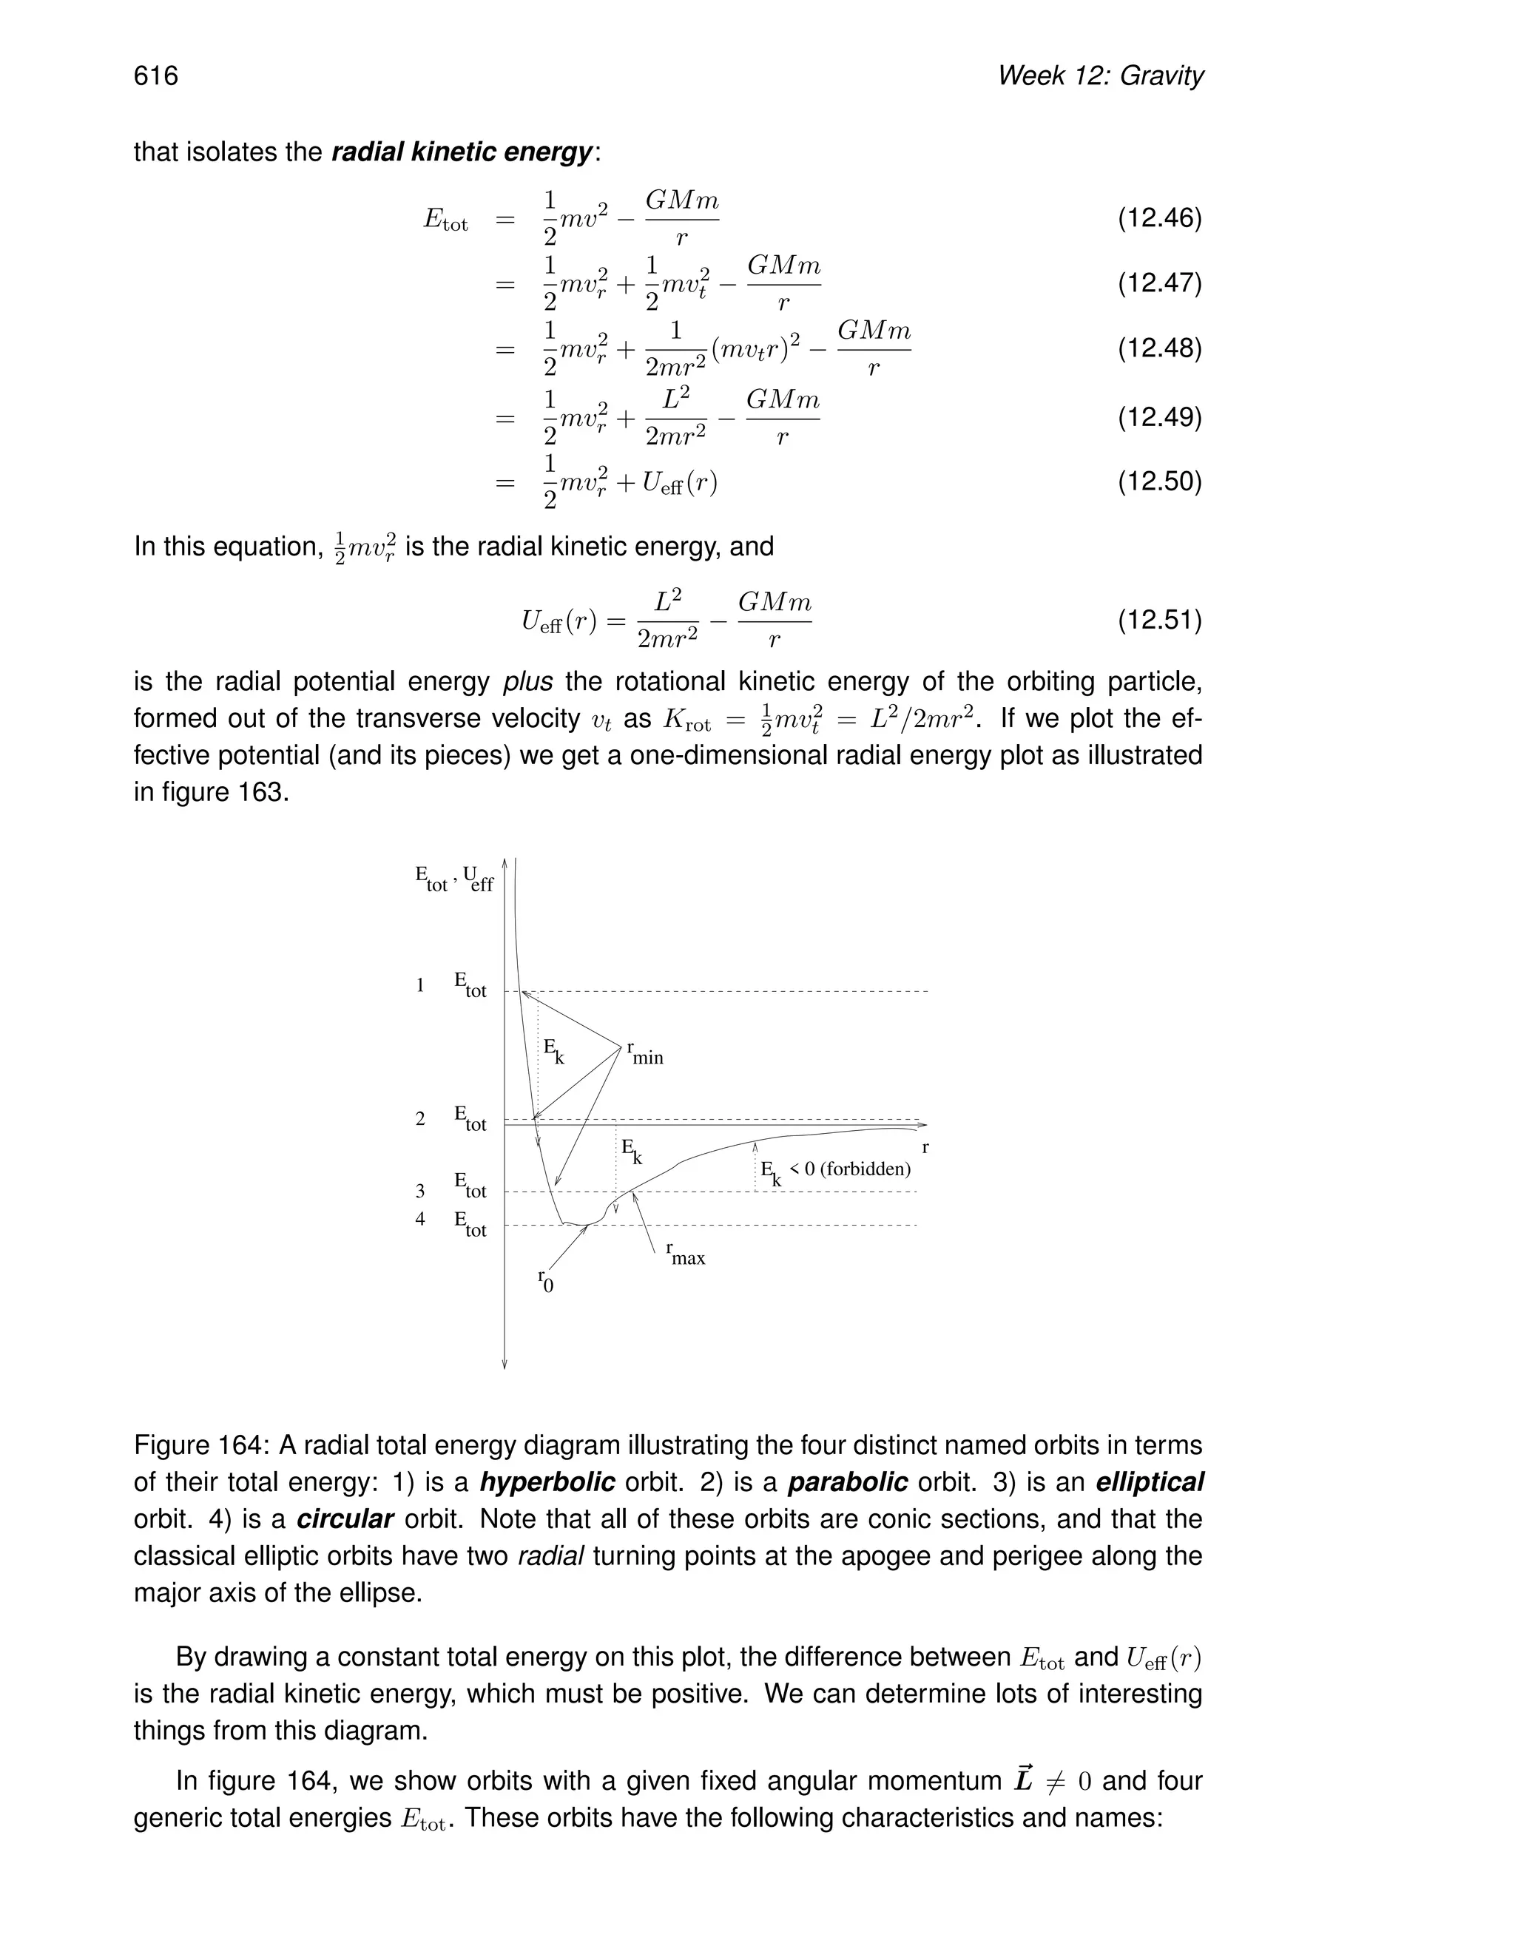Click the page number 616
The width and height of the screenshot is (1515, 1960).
156,75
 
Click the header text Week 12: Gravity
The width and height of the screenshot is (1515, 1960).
1099,75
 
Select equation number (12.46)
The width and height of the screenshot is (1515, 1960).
1158,218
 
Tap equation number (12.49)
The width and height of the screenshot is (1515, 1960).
1158,417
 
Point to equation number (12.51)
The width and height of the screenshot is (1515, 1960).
1158,620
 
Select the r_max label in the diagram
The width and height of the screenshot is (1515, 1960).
686,1254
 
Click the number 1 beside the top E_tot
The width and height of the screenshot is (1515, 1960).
420,985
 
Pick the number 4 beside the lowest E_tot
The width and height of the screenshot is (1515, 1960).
420,1220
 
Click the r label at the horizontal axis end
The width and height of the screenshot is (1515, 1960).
925,1148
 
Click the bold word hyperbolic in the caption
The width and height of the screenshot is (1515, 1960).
547,1482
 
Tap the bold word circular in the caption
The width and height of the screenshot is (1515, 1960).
345,1519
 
